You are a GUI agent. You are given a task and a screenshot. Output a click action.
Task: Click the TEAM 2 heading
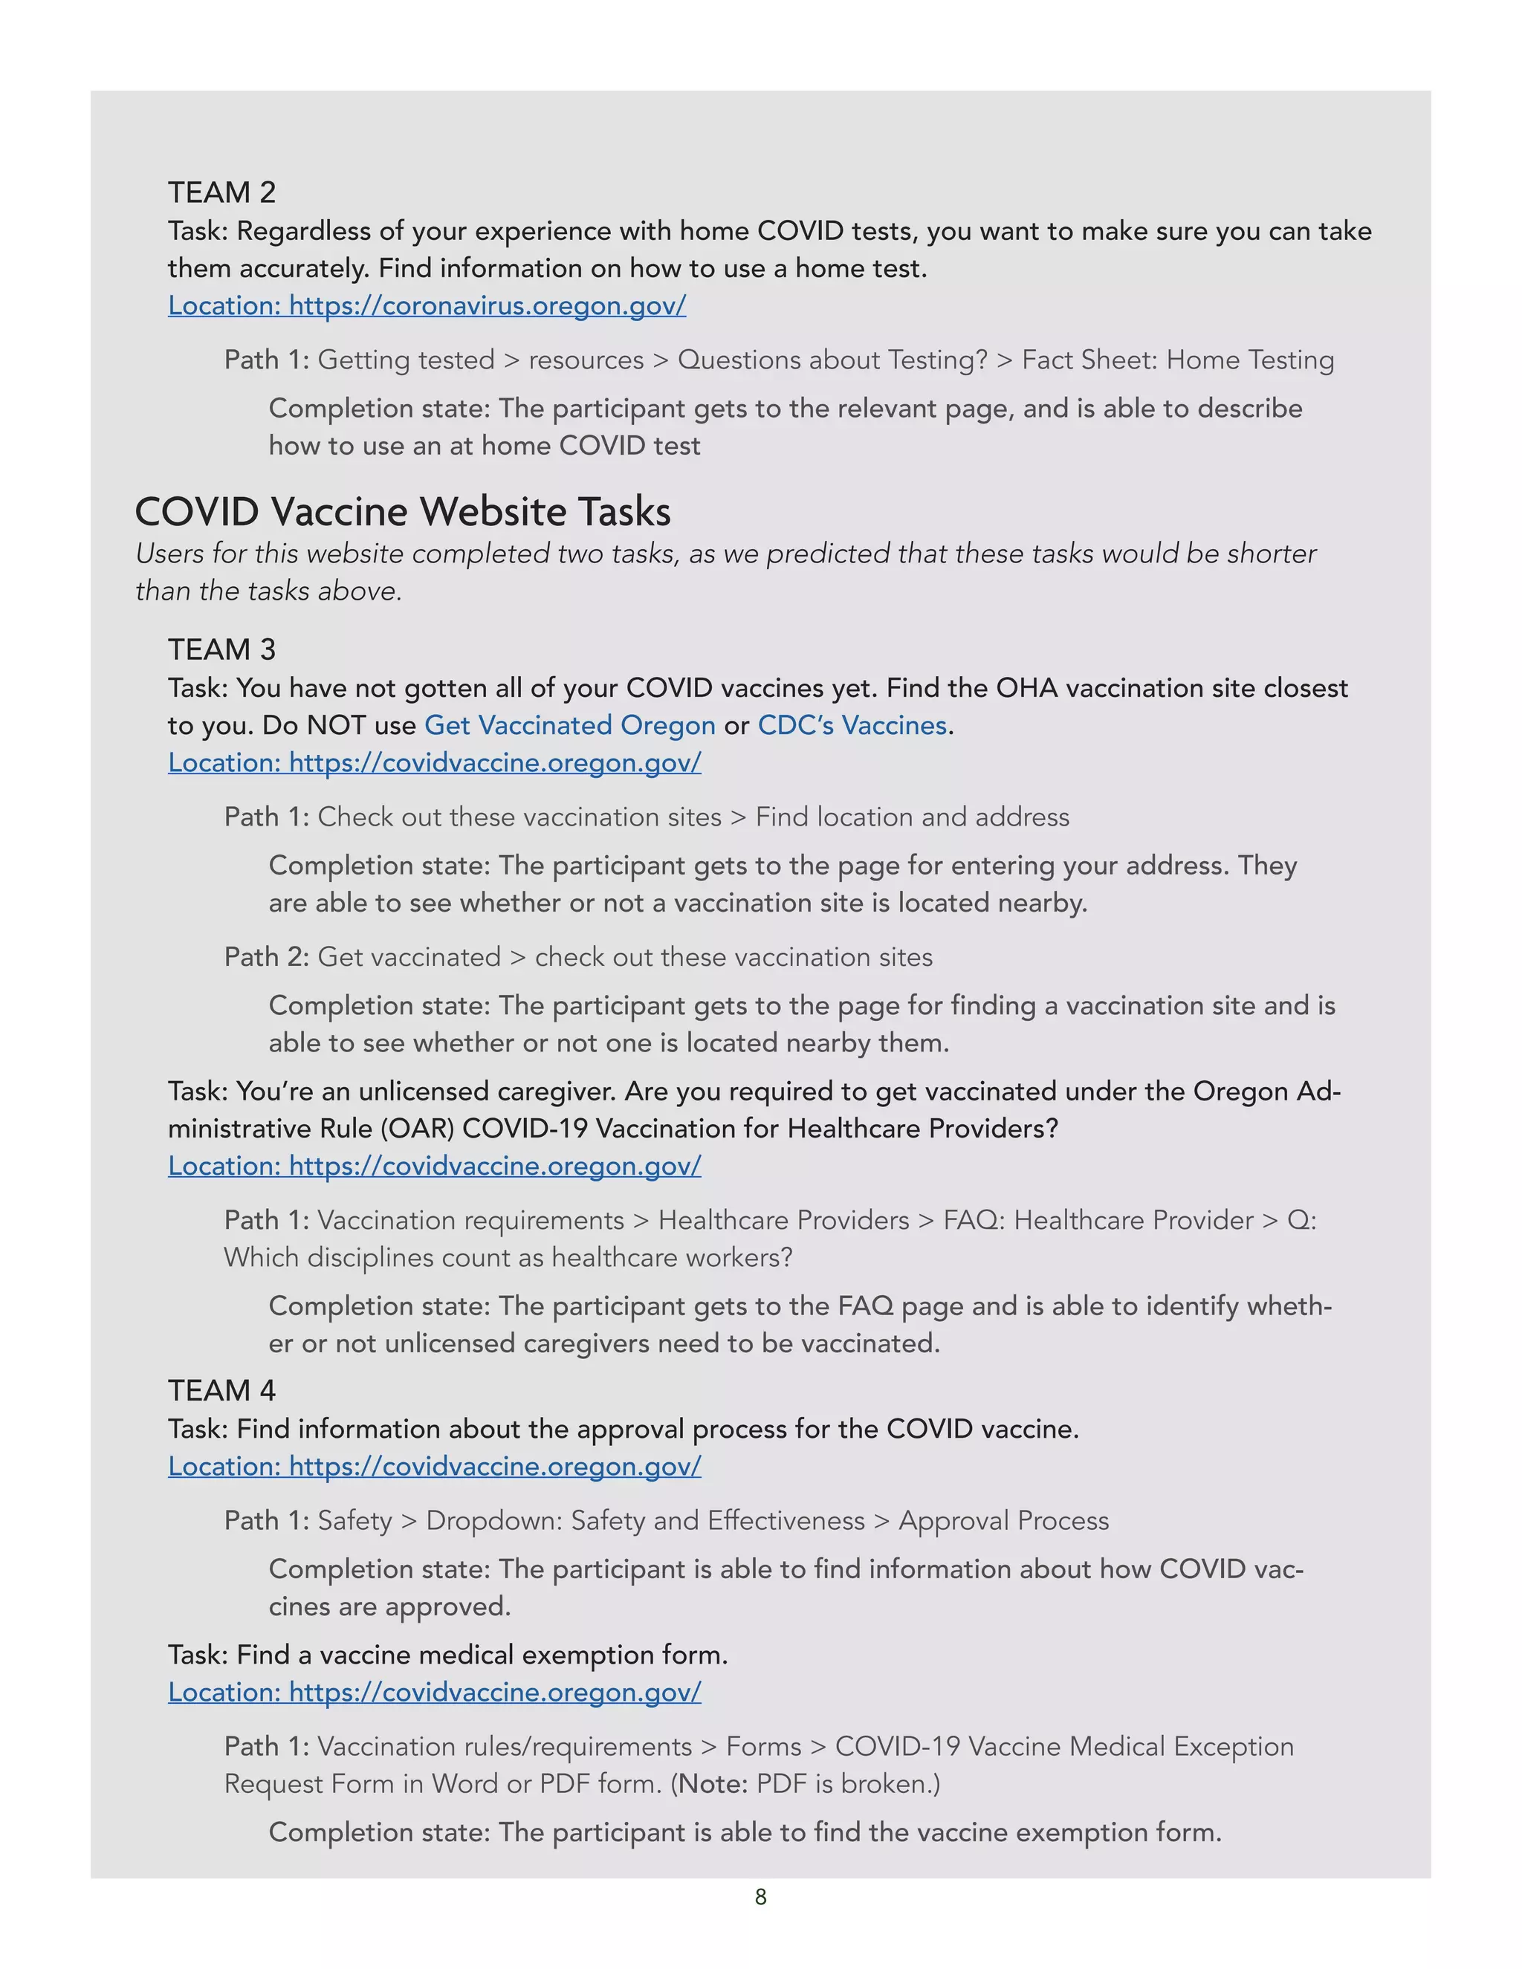[x=221, y=193]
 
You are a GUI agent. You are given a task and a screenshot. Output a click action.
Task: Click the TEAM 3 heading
[x=221, y=650]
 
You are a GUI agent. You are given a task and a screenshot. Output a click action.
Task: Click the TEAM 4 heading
[x=221, y=1390]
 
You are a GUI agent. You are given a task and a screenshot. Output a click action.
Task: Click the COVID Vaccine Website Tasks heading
[x=402, y=512]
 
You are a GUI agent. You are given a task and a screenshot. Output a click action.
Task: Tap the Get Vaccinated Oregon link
[x=569, y=726]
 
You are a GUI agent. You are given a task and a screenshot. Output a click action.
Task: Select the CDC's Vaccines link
[x=852, y=726]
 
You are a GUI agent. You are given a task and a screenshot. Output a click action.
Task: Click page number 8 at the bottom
[x=760, y=1897]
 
